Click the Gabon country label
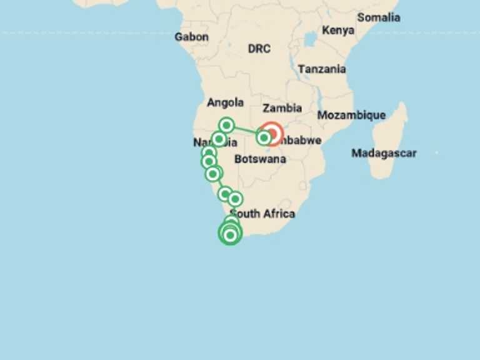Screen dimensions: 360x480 [x=191, y=37]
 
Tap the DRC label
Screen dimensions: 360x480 [x=259, y=49]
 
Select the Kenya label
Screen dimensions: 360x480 [x=338, y=30]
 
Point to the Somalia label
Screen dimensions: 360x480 [x=378, y=17]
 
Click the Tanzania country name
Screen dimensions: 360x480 [x=322, y=69]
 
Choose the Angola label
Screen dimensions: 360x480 [x=225, y=102]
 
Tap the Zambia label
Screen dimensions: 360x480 [x=282, y=108]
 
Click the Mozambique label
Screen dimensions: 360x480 [x=351, y=115]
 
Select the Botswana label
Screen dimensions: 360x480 [x=260, y=159]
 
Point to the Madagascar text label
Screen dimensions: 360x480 [x=383, y=153]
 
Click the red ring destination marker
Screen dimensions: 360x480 [x=272, y=133]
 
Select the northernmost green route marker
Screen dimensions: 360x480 [x=227, y=125]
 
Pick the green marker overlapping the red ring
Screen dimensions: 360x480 [x=264, y=137]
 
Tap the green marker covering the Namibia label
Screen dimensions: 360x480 [x=219, y=139]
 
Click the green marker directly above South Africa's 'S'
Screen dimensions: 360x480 [x=235, y=199]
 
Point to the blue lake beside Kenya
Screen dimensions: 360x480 [x=311, y=40]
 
